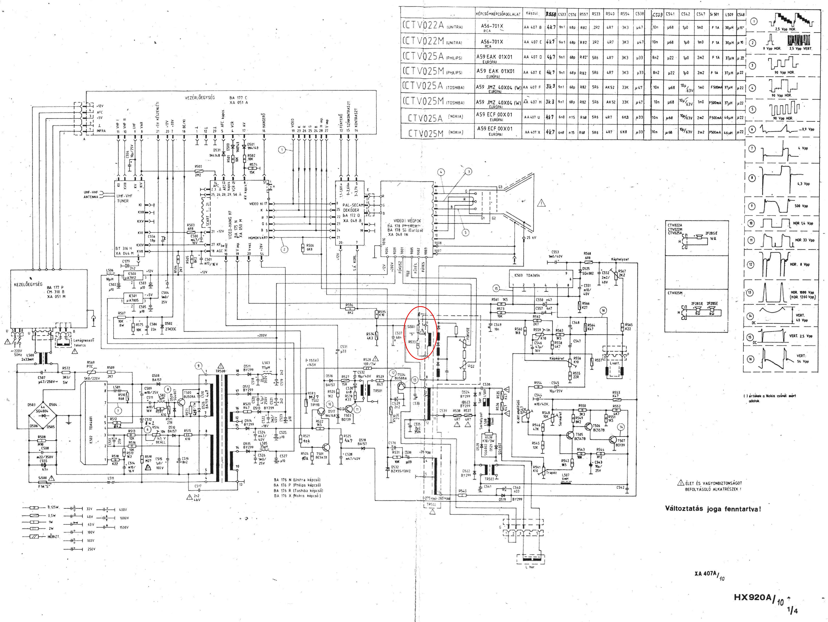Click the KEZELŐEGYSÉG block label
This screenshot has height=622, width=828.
28,284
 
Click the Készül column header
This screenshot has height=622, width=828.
532,14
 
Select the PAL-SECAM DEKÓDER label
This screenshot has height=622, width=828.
353,208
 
